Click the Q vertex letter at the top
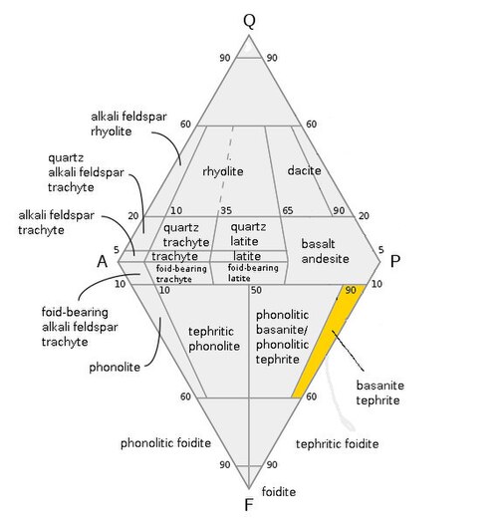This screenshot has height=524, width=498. pos(249,20)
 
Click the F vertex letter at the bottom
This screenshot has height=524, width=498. pos(248,505)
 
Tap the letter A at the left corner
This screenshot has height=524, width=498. pos(103,261)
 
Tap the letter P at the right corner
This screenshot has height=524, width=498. pos(395,261)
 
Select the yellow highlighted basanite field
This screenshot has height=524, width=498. pos(330,341)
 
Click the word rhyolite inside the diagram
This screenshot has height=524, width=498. pos(223,171)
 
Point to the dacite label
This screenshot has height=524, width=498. pos(304,170)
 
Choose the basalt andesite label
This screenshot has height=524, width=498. pos(325,251)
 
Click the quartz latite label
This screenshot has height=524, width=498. pos(248,234)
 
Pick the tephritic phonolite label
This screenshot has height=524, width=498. pos(214,339)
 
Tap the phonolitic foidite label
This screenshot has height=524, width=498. pos(165,443)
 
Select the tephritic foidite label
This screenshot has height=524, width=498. pos(338,444)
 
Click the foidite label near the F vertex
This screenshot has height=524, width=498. pos(279,491)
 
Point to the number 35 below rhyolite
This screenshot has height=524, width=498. pos(226,211)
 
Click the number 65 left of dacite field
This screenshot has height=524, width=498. pos(288,210)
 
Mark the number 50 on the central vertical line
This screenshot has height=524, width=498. pos(256,290)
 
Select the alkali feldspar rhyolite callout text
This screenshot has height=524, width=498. pos(128,124)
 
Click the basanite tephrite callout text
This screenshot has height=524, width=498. pos(380,393)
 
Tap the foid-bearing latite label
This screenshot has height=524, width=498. pos(253,273)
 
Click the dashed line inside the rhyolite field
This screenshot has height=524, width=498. pos(226,166)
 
